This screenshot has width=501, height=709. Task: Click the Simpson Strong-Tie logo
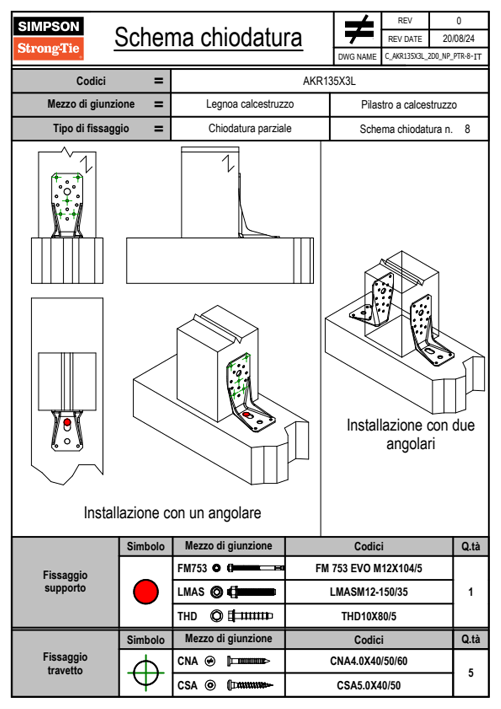(x=48, y=38)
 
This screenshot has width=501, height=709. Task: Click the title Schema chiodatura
(x=208, y=38)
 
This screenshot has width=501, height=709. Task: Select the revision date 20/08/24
(x=458, y=39)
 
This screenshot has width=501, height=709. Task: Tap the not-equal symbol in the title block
(x=358, y=30)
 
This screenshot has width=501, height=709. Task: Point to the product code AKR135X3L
(x=329, y=81)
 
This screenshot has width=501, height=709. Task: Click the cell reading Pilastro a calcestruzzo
(x=409, y=105)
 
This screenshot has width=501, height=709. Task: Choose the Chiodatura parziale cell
(x=250, y=129)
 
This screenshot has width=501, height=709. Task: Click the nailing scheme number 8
(x=467, y=129)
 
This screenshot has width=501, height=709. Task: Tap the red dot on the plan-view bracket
(x=67, y=422)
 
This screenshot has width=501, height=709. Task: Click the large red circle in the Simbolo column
(x=146, y=591)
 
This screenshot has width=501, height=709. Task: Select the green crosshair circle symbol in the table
(x=146, y=673)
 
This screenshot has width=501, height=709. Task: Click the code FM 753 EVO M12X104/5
(x=368, y=568)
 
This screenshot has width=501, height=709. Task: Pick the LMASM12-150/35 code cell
(x=368, y=592)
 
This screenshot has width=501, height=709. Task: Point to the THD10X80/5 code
(x=368, y=616)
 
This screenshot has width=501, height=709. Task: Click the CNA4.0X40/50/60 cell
(x=368, y=661)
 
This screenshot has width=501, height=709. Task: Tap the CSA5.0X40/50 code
(x=368, y=685)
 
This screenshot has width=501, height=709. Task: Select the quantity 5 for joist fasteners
(x=471, y=673)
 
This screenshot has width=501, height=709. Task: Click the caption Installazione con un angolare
(x=172, y=513)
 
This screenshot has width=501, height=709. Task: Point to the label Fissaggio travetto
(x=65, y=663)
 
